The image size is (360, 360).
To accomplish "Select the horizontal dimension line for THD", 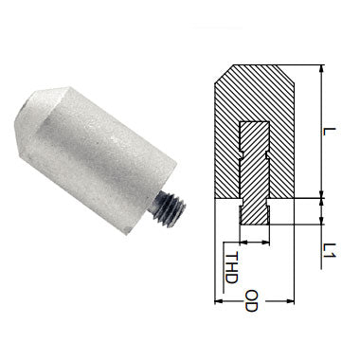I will point(254,242).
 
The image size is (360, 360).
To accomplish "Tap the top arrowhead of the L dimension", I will point(323,69).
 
